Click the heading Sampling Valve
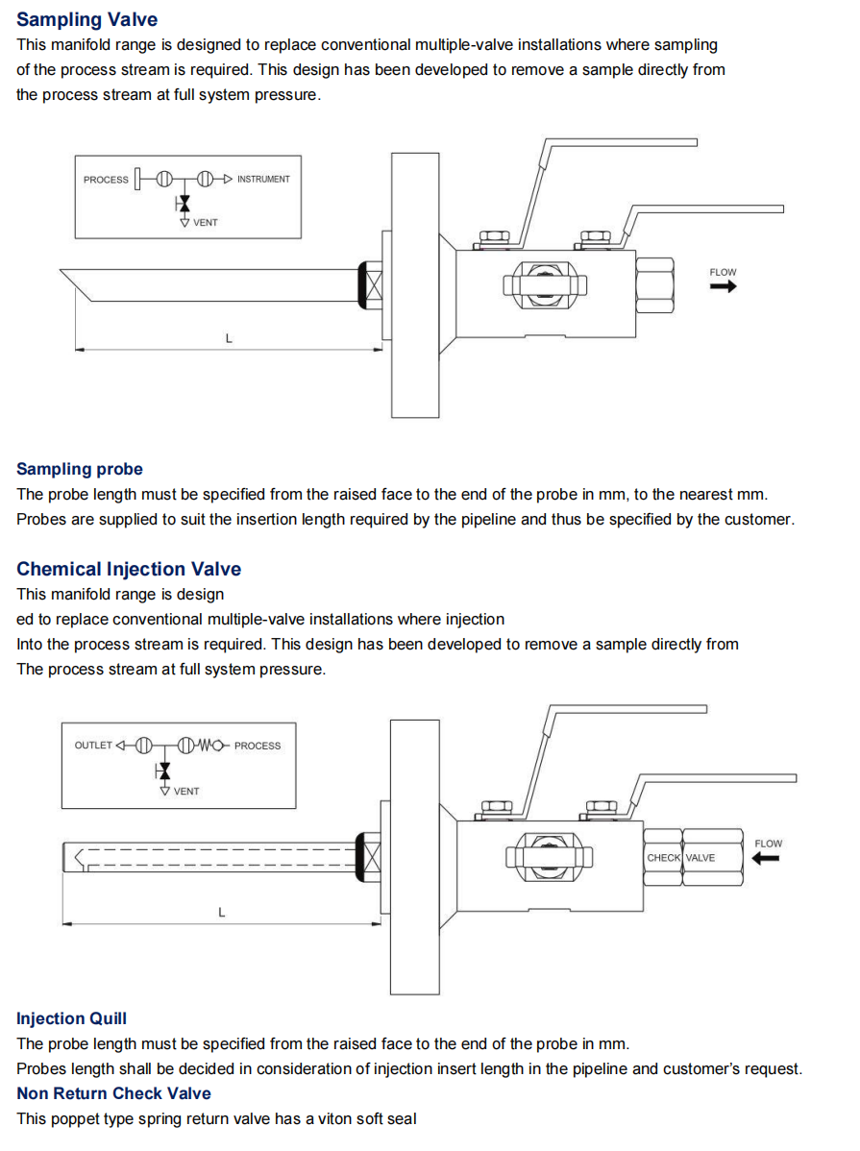[x=86, y=20]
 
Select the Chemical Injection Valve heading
[x=129, y=569]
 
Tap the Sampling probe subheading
[x=80, y=469]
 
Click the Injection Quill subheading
[x=71, y=1018]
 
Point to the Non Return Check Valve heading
[x=113, y=1093]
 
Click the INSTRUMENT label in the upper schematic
[x=263, y=179]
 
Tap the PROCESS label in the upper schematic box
[x=106, y=179]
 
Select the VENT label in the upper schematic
[x=206, y=223]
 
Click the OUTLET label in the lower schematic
[x=93, y=745]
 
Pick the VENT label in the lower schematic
[x=186, y=792]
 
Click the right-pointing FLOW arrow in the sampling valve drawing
[x=723, y=286]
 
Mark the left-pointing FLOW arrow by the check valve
[x=765, y=858]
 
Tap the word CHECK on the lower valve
[x=663, y=857]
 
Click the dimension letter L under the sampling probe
[x=229, y=338]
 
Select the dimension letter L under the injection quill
[x=221, y=913]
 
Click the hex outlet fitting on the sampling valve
[x=654, y=284]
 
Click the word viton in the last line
[x=335, y=1118]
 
